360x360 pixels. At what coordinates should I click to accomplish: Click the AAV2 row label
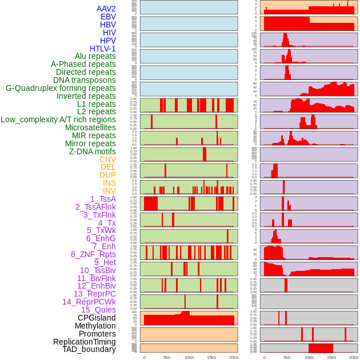106,9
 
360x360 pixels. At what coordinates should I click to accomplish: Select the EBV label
108,17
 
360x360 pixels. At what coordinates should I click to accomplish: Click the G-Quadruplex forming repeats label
61,88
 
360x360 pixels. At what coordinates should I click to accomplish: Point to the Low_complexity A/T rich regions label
58,119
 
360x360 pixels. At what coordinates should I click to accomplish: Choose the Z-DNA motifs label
92,151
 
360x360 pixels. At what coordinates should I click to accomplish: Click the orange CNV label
107,159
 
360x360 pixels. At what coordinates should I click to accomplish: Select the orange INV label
109,191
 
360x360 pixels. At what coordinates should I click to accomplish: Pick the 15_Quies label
98,310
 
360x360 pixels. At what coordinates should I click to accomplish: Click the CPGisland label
97,318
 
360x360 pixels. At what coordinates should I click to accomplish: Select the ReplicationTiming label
84,342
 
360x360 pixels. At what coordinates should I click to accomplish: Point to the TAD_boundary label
89,349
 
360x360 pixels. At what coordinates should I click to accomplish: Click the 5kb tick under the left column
167,357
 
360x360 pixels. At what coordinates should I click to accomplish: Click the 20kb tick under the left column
233,357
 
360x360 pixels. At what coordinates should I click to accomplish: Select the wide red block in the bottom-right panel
321,347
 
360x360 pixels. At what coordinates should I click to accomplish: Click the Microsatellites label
90,127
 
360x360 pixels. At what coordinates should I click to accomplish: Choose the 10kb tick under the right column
309,357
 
